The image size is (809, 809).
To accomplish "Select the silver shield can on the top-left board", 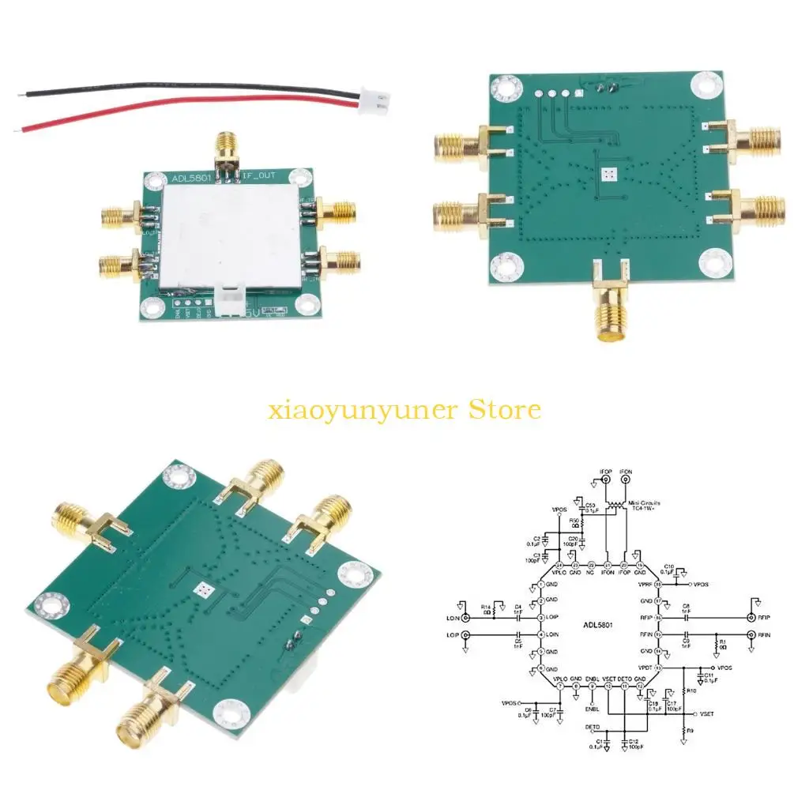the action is click(x=230, y=235).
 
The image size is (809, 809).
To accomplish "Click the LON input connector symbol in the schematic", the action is click(x=465, y=618).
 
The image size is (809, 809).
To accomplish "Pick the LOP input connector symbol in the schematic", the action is click(x=465, y=635).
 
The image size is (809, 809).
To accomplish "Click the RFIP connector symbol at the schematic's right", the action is click(x=751, y=618).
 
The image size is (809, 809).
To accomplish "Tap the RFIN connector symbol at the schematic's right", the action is click(x=751, y=635).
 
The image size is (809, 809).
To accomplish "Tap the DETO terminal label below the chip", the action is click(x=592, y=725).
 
